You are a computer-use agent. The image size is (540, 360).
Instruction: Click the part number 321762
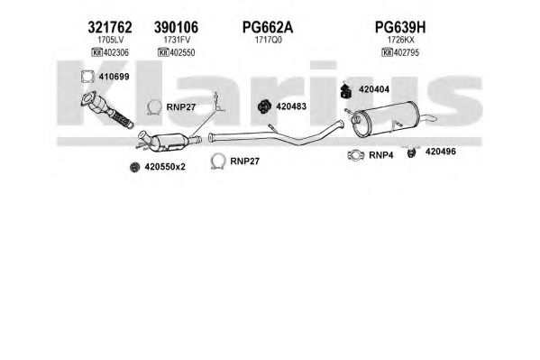[110, 27]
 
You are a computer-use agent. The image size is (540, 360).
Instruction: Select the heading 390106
[176, 27]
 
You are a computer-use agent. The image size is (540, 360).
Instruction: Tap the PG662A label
[268, 27]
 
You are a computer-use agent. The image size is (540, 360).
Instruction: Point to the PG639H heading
[400, 27]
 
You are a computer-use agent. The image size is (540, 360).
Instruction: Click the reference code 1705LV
[110, 40]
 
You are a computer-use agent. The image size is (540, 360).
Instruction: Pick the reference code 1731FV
[177, 40]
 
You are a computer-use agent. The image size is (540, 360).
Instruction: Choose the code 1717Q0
[269, 40]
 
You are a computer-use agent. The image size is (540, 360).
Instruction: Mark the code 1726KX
[401, 40]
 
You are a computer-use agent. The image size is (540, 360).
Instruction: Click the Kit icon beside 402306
[97, 52]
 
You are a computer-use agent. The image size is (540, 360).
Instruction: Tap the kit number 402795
[406, 52]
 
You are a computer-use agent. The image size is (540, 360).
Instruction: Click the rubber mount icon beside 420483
[264, 106]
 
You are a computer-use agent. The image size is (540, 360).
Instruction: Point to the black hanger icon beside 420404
[345, 90]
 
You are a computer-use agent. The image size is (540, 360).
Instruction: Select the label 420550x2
[165, 167]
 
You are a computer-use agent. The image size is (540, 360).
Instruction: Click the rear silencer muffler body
[387, 120]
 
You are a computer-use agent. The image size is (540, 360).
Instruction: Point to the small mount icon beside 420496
[411, 152]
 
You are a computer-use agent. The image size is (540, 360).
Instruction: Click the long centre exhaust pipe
[276, 135]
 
